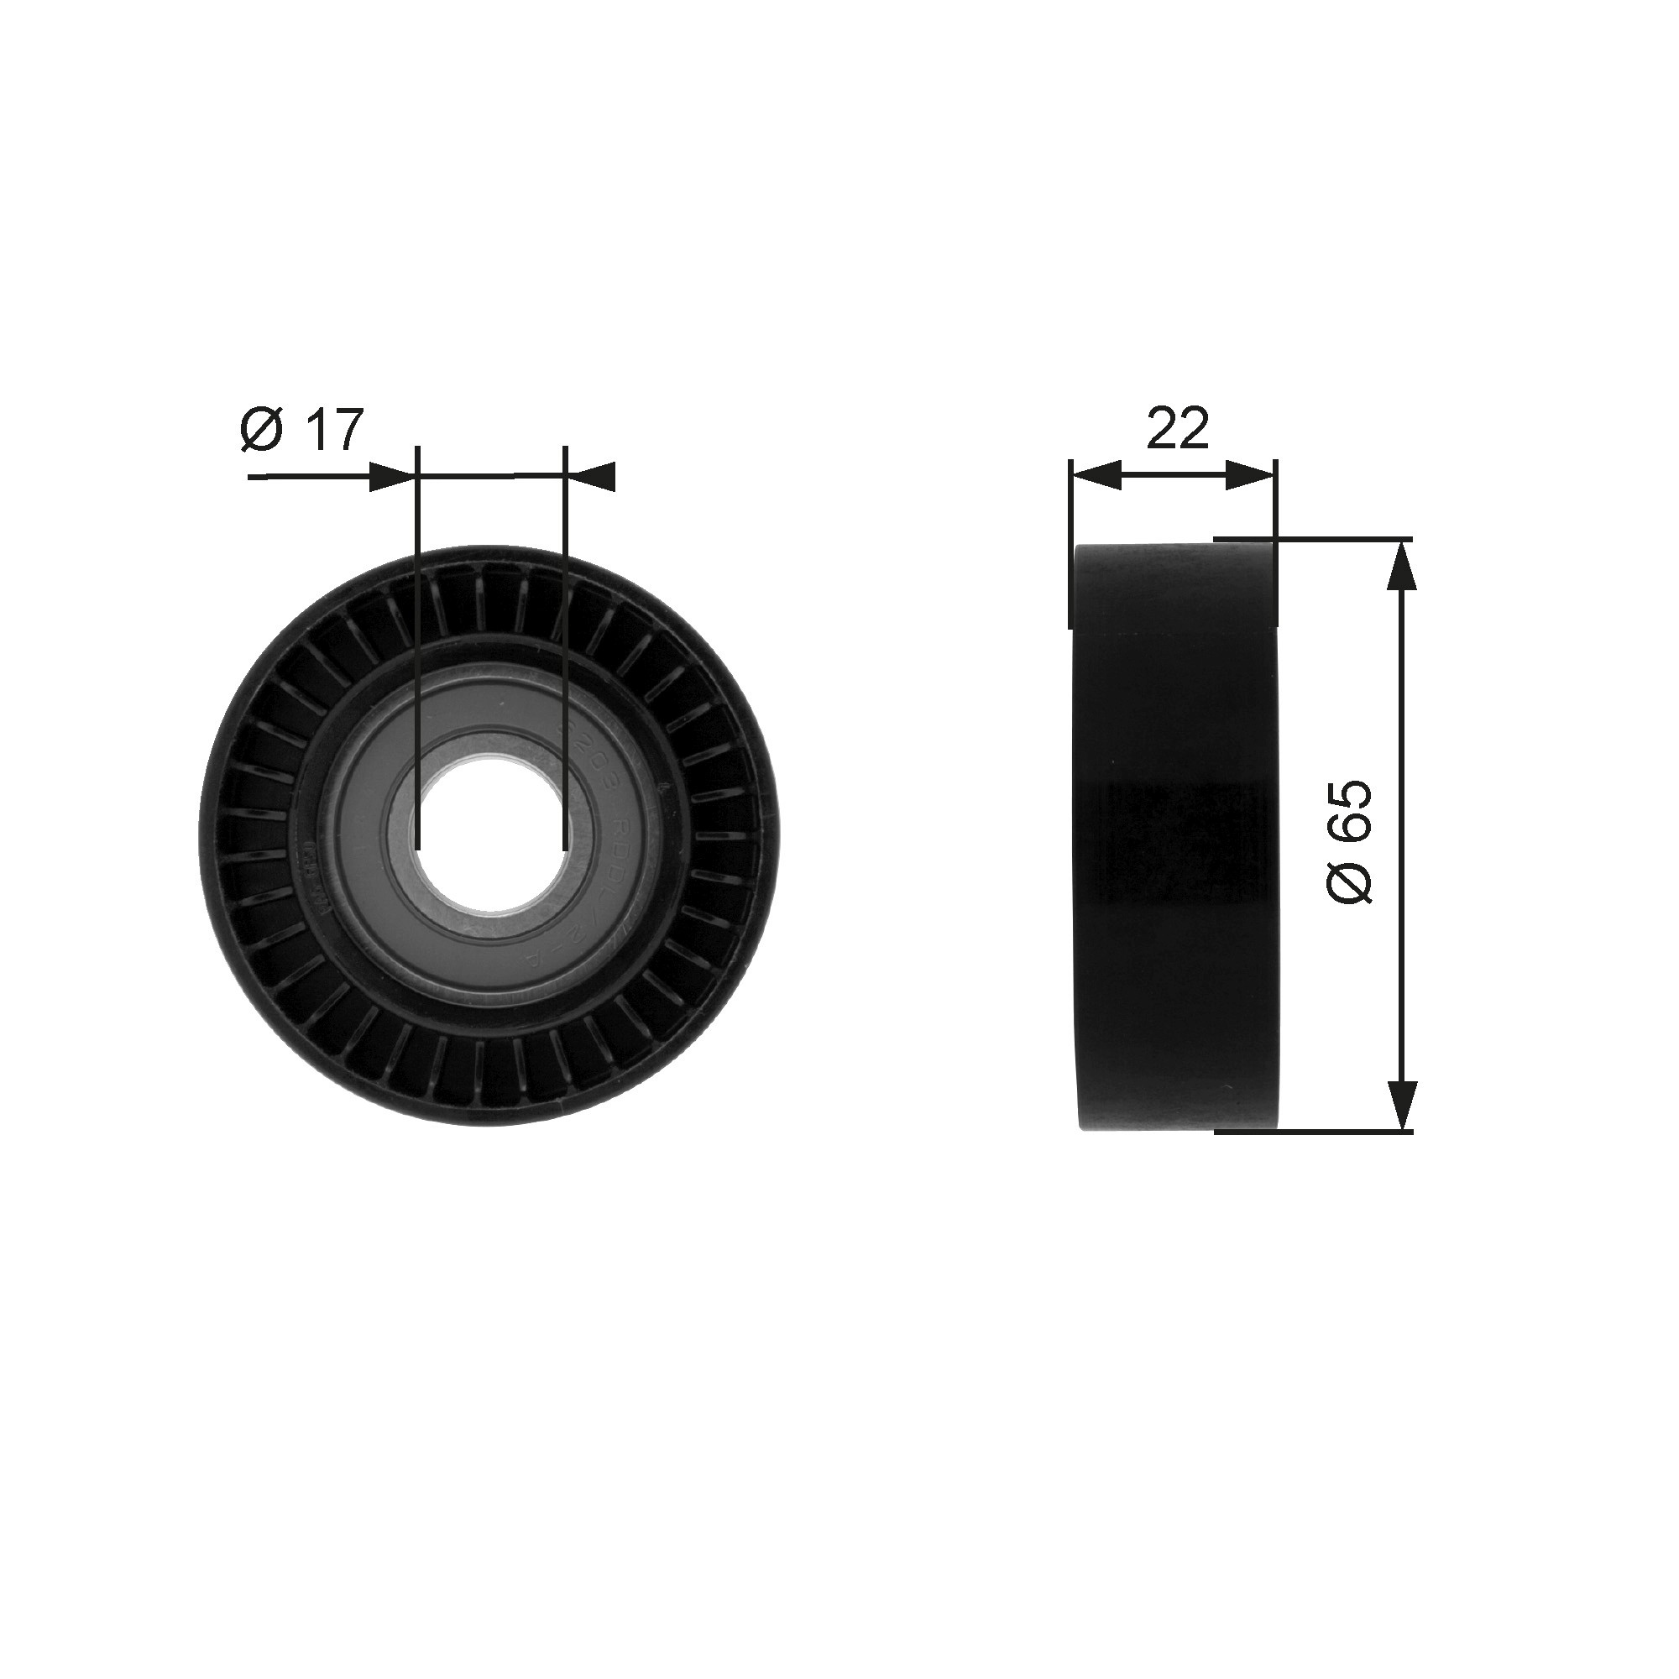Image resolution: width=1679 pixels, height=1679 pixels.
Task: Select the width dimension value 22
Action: click(1178, 428)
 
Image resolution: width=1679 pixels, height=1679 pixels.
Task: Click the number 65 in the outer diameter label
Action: click(1350, 810)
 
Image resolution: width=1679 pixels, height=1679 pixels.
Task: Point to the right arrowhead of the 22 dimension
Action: click(1253, 475)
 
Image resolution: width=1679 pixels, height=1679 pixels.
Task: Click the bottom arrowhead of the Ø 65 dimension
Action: click(1402, 1105)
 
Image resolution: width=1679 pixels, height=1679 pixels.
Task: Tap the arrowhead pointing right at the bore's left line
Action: click(391, 477)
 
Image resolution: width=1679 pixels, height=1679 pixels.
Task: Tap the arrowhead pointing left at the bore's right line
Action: click(592, 476)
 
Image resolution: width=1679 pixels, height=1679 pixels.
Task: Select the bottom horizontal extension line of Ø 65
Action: click(1312, 1132)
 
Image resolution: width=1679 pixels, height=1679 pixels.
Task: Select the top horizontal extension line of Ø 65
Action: click(1312, 539)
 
